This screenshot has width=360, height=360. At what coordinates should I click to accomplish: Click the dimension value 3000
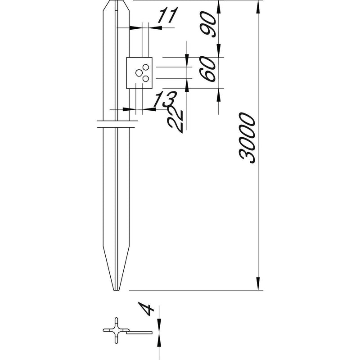click(x=247, y=138)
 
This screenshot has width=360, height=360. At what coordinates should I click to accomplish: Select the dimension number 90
click(x=208, y=24)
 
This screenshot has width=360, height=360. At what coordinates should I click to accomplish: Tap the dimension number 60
click(x=208, y=69)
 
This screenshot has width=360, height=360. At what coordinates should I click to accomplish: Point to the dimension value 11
click(x=168, y=15)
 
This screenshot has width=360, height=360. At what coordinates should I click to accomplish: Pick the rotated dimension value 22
click(x=175, y=119)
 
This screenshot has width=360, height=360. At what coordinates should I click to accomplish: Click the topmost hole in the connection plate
click(x=145, y=67)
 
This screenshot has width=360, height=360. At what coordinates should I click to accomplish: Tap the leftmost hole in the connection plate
click(x=139, y=73)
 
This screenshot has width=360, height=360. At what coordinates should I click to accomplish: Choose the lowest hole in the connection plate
click(x=145, y=79)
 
